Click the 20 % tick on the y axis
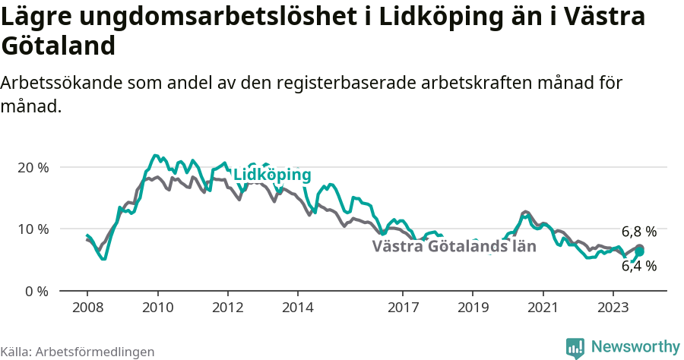(x=33, y=167)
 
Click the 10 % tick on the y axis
(x=33, y=229)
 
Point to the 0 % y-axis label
(x=36, y=291)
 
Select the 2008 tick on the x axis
(x=87, y=309)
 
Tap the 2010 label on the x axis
(x=157, y=309)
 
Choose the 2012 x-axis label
(x=227, y=309)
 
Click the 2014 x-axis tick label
(x=297, y=309)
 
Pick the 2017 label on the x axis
(x=403, y=309)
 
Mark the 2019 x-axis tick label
(x=473, y=309)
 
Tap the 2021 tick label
(x=543, y=309)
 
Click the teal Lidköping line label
(x=272, y=175)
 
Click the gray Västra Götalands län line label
(x=454, y=246)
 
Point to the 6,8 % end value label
(x=638, y=232)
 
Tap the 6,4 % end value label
(x=638, y=266)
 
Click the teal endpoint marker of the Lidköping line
(x=639, y=252)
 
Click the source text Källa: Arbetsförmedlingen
(x=78, y=352)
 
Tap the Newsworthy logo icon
(x=575, y=348)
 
